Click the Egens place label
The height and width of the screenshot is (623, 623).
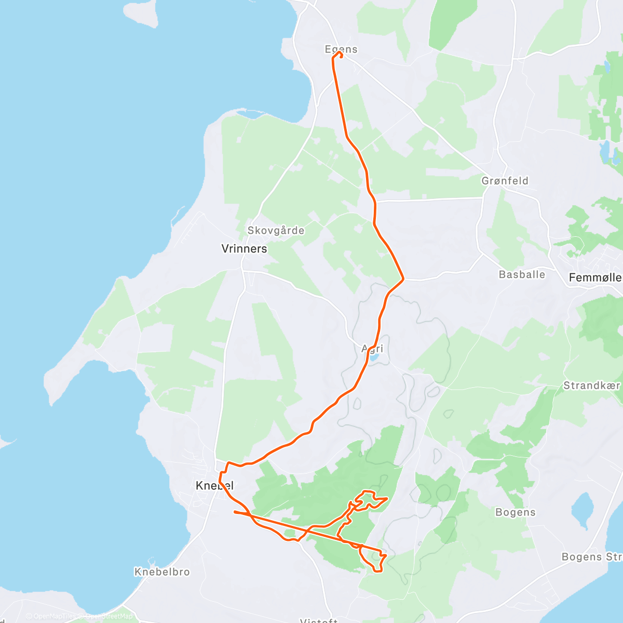pos(341,49)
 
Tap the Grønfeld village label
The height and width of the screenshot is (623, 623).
pos(505,181)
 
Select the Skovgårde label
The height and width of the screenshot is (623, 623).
pos(276,231)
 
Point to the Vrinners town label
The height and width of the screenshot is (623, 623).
pos(244,249)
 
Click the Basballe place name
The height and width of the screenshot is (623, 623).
pos(522,275)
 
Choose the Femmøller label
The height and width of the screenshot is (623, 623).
pos(595,278)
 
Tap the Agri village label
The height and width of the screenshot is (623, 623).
pos(372,349)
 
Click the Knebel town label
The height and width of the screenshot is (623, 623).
pos(214,486)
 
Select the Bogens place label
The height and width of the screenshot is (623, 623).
pos(515,512)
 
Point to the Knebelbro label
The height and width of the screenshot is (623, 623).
pos(162,572)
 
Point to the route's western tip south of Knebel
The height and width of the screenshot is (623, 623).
pos(235,512)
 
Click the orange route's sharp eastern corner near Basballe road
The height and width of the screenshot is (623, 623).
pos(403,279)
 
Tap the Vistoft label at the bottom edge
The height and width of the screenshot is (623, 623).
pos(319,620)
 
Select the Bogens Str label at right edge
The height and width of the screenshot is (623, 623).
pos(592,557)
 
